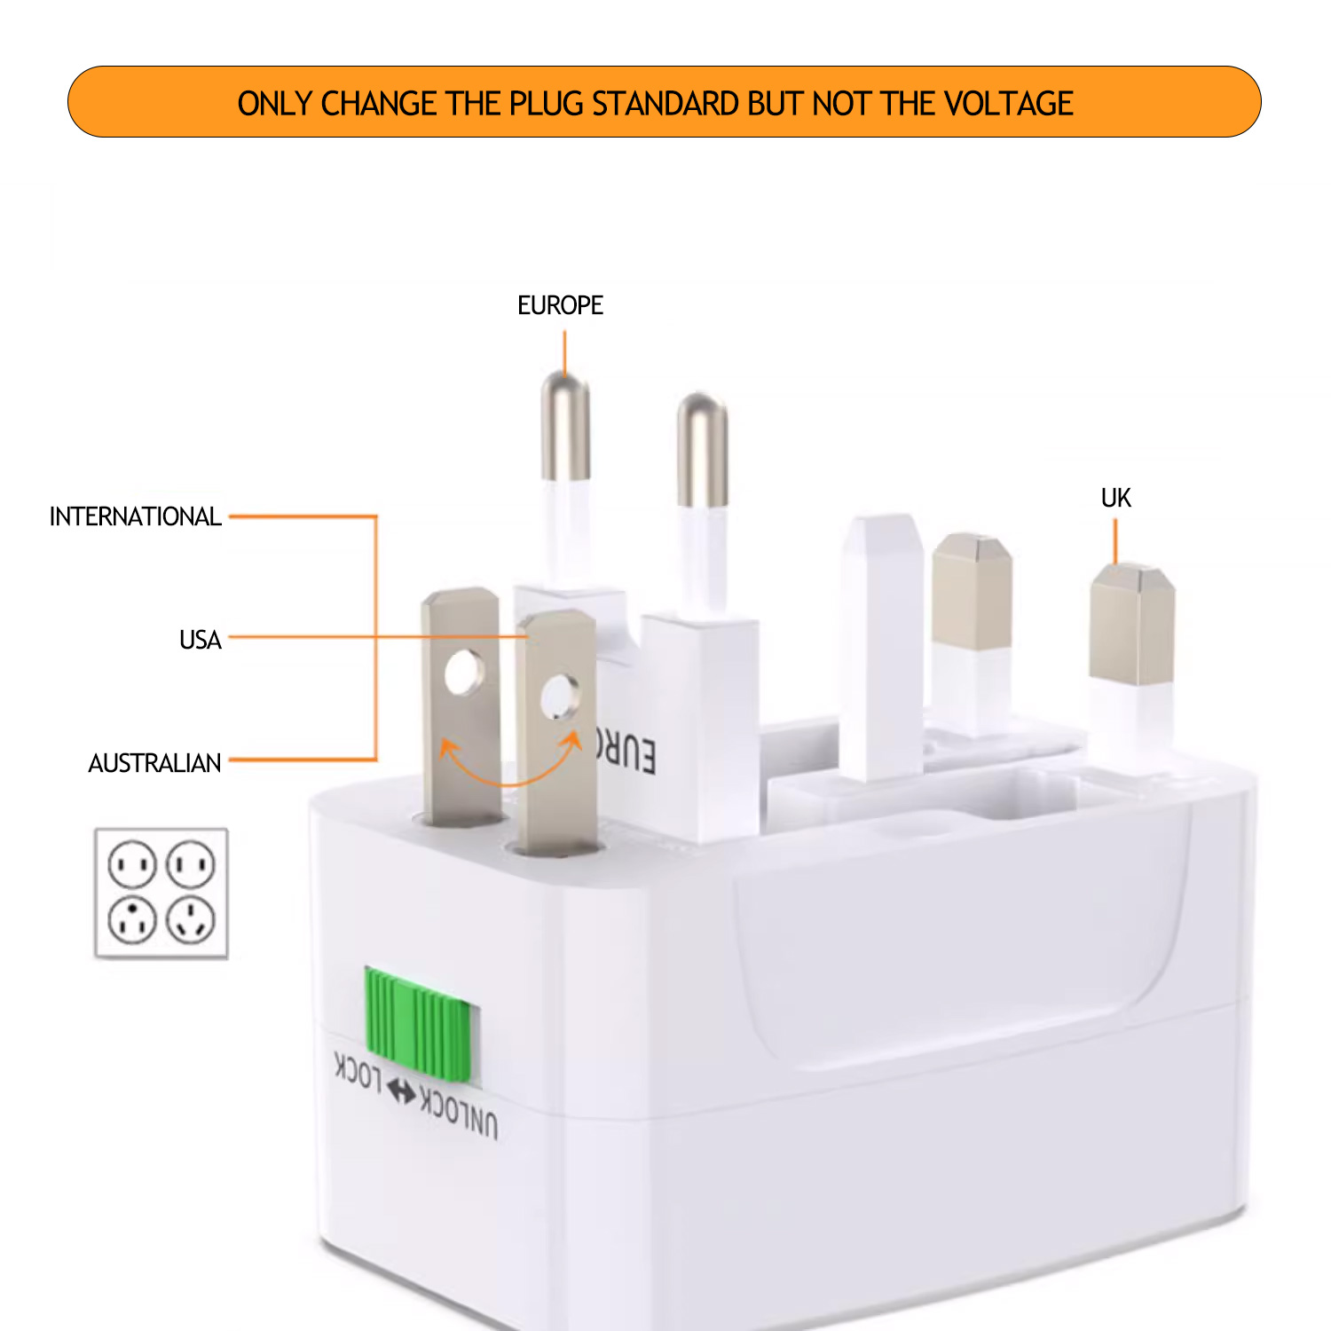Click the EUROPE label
click(x=560, y=305)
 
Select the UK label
click(x=1115, y=498)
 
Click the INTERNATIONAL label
click(x=135, y=516)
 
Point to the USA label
click(x=200, y=640)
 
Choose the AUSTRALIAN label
click(x=154, y=763)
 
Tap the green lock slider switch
click(x=418, y=1025)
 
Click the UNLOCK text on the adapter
click(x=459, y=1112)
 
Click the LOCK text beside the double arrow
click(x=358, y=1073)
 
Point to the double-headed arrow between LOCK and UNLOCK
click(x=401, y=1092)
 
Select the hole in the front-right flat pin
click(x=561, y=696)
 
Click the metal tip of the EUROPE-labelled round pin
click(x=565, y=426)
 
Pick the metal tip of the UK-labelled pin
click(x=1132, y=624)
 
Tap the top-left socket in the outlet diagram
click(x=132, y=863)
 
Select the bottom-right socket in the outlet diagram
click(x=191, y=920)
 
